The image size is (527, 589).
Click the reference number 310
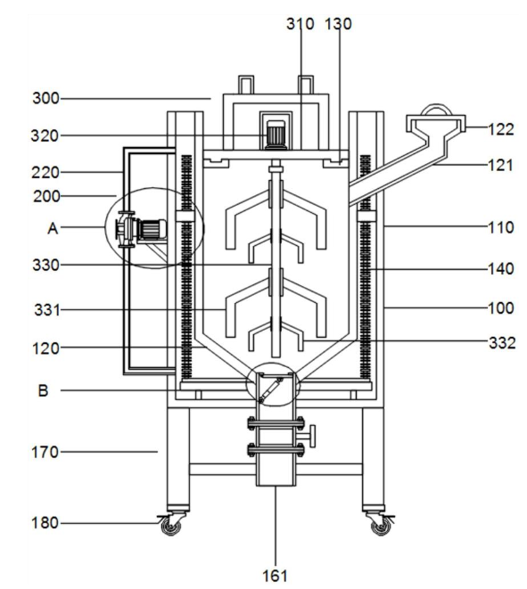[x=300, y=24]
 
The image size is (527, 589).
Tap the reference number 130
[x=338, y=24]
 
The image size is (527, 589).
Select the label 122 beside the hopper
[x=500, y=129]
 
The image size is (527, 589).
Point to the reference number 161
[x=275, y=576]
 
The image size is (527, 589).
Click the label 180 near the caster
[x=45, y=523]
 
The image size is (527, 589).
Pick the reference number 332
[x=502, y=343]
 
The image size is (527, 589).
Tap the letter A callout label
[x=53, y=228]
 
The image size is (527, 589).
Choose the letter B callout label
[x=43, y=390]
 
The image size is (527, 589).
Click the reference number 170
[x=45, y=453]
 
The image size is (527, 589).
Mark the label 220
[x=45, y=173]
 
